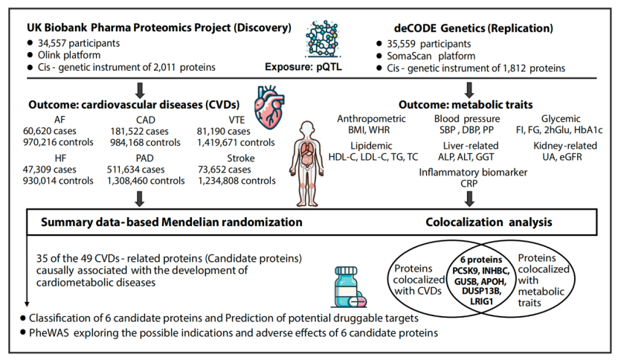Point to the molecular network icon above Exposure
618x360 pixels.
324,39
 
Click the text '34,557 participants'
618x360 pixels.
79,43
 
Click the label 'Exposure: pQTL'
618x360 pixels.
303,67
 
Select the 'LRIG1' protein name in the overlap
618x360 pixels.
481,302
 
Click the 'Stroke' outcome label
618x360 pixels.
241,158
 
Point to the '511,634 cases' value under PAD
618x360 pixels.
135,170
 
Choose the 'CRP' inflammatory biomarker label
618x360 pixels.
469,184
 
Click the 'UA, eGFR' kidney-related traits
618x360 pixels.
564,157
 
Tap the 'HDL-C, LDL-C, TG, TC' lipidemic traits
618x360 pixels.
373,157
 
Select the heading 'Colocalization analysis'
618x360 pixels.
489,222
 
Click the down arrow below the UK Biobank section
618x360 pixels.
140,90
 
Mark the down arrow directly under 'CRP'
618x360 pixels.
469,199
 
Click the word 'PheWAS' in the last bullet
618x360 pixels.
49,333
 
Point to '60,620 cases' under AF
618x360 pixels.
50,131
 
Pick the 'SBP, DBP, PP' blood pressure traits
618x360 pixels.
466,129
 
